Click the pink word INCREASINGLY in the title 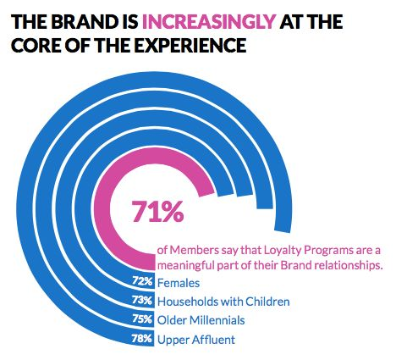(209, 22)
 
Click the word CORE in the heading (36, 45)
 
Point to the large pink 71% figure (157, 211)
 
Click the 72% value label (142, 281)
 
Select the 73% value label (142, 300)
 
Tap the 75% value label (142, 319)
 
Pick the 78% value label (142, 338)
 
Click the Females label (179, 283)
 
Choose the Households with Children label (223, 302)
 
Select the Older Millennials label (201, 320)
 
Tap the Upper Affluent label (196, 340)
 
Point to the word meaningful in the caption (186, 266)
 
